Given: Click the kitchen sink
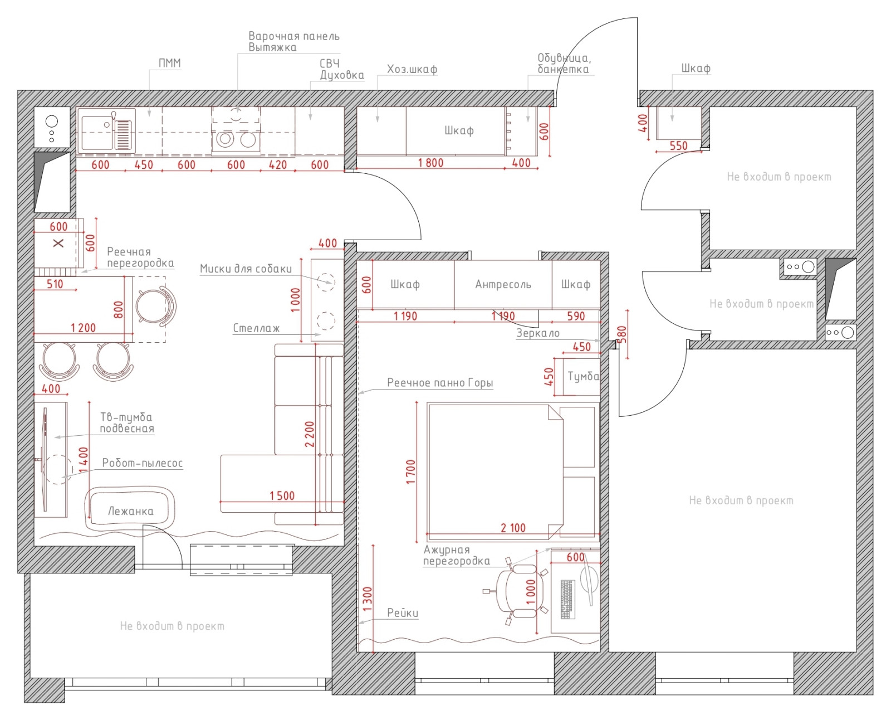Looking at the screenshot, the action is (x=106, y=130).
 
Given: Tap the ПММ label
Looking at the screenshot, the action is (x=169, y=63).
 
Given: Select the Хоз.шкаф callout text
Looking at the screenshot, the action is (x=412, y=69).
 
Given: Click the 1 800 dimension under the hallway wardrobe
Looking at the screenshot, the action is (x=430, y=162).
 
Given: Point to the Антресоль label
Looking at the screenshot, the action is (x=503, y=285).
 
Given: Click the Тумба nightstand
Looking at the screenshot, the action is (x=581, y=376).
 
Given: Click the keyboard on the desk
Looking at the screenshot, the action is (x=567, y=599).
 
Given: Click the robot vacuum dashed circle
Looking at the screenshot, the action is (x=57, y=470).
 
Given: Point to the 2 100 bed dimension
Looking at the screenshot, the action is (x=513, y=528).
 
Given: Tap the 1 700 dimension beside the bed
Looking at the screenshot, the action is (x=411, y=472).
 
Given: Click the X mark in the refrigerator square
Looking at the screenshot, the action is (x=58, y=243).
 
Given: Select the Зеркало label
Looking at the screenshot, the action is (x=537, y=333).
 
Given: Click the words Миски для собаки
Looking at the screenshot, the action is (x=246, y=269).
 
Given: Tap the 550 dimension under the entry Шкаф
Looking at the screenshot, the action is (x=678, y=145).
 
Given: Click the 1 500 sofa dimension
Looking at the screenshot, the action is (x=282, y=495).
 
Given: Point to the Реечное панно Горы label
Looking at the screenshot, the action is (x=439, y=383).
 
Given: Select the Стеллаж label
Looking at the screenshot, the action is (x=256, y=328).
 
